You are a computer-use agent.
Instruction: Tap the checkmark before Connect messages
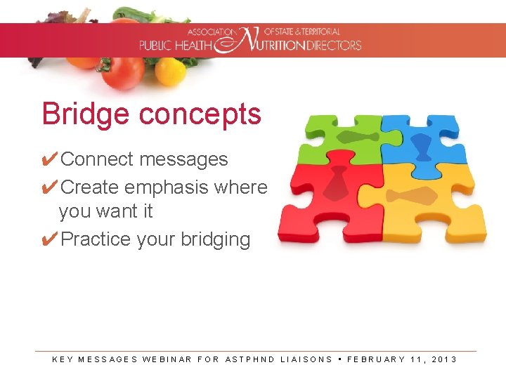[x=49, y=159]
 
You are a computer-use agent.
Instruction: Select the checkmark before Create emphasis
[x=49, y=187]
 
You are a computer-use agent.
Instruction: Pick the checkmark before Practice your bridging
[x=49, y=239]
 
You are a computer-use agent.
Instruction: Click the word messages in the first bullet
[x=183, y=160]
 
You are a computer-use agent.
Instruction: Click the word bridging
[x=215, y=240]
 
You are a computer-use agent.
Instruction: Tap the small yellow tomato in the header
[x=170, y=71]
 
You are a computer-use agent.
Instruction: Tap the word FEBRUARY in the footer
[x=376, y=359]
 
